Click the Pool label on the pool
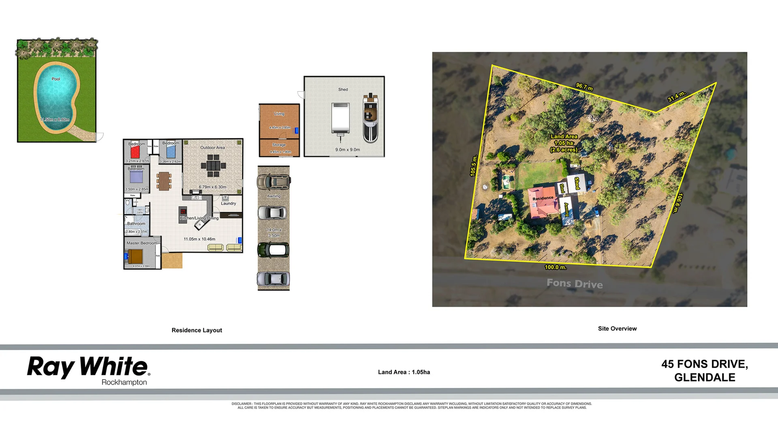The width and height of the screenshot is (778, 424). [56, 79]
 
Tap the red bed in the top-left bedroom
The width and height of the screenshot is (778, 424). [135, 152]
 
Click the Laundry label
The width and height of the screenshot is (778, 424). [229, 203]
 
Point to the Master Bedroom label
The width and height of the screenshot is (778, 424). [142, 243]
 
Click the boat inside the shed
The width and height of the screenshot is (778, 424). [370, 118]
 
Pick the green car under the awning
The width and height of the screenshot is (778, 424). [273, 250]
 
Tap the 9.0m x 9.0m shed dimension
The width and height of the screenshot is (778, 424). [347, 150]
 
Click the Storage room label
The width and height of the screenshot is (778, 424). [279, 145]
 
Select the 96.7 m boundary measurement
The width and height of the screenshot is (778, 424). [584, 87]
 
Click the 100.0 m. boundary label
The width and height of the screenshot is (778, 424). [556, 267]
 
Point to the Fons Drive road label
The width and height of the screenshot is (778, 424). [575, 283]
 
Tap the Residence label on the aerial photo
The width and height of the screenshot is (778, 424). [543, 198]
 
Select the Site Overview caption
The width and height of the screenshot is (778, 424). [617, 328]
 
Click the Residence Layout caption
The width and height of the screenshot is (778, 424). [197, 330]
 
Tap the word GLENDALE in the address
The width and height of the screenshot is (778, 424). [704, 377]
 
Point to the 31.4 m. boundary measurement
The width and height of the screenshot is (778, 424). [676, 96]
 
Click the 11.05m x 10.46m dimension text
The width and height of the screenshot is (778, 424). [199, 239]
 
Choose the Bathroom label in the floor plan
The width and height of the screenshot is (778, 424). [136, 224]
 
